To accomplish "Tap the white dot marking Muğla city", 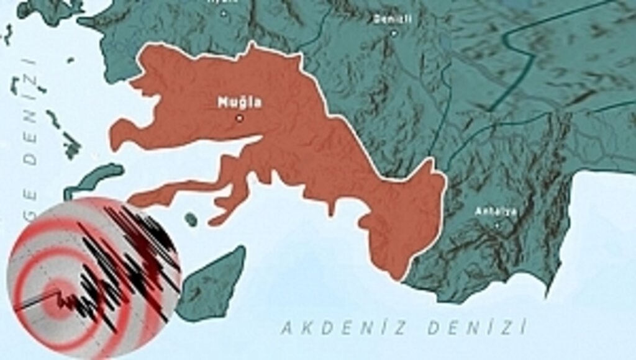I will coord(240,118).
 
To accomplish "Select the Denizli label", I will coord(393,19).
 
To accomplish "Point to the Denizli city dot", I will coord(393,33).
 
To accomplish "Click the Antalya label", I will coord(488,211).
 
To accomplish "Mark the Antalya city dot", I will coord(496,225).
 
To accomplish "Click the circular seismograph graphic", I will coord(93,278).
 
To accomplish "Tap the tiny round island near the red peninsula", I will coord(191,219).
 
